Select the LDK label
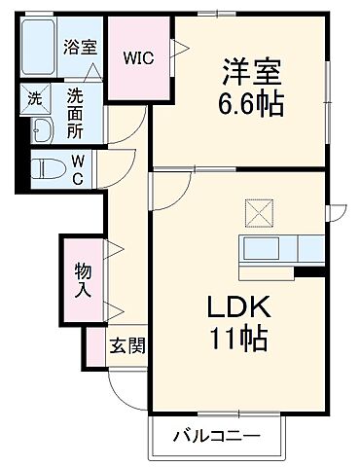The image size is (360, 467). click(x=233, y=307)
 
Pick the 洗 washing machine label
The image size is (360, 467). click(x=33, y=97)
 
